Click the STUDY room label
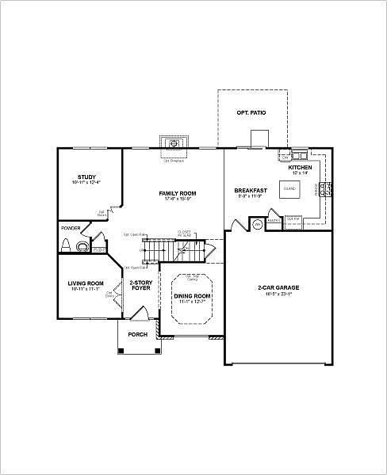point(86,177)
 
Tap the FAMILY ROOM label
point(178,193)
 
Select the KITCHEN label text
point(300,168)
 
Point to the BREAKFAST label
point(250,191)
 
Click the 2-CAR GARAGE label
point(278,287)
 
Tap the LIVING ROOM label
point(86,283)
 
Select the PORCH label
point(139,334)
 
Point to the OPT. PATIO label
point(251,114)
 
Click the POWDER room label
point(71,229)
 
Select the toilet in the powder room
point(79,246)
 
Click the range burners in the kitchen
point(325,188)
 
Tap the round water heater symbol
point(258,225)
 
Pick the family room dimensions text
point(178,199)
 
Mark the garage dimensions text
point(278,294)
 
